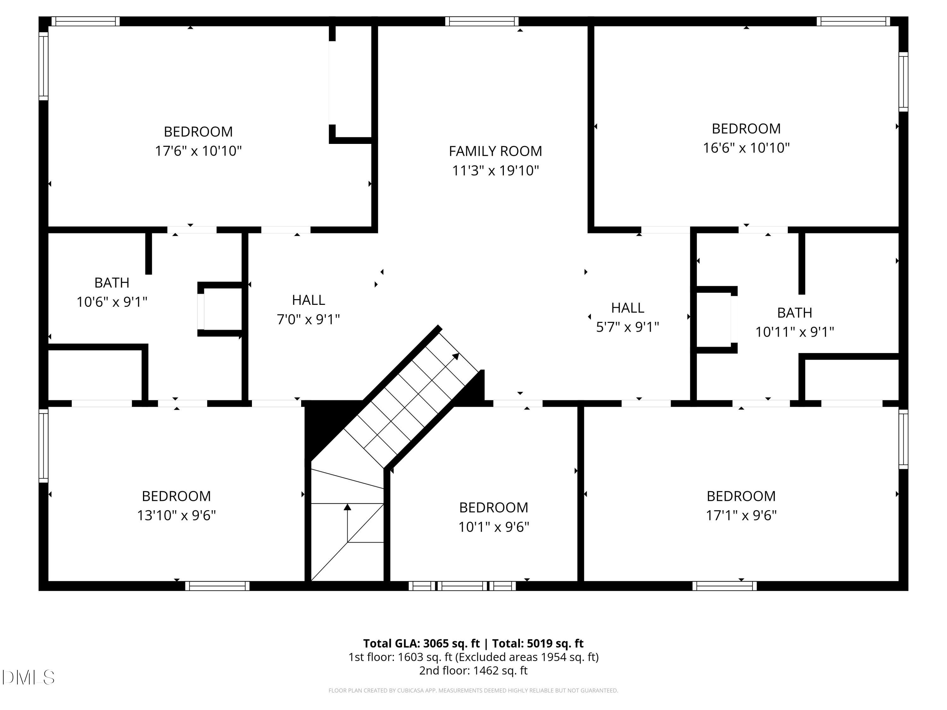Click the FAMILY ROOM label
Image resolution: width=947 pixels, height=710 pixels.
tap(495, 151)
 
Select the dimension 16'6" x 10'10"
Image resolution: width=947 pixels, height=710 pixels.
tap(746, 148)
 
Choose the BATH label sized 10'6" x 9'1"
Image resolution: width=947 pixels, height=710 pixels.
tap(112, 283)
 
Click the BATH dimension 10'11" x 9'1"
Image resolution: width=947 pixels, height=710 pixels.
tap(795, 332)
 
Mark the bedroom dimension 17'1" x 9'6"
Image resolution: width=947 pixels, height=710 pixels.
tap(741, 515)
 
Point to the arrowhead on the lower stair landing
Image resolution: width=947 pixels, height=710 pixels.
tap(348, 507)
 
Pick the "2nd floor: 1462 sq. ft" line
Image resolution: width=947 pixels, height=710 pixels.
tap(473, 670)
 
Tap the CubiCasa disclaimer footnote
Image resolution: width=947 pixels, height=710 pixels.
tap(473, 690)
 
